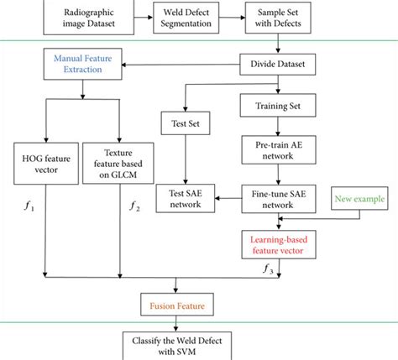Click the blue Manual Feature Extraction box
pos(78,65)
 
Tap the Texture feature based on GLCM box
pos(122,160)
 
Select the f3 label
pos(269,268)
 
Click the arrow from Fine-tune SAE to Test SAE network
pos(226,198)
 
